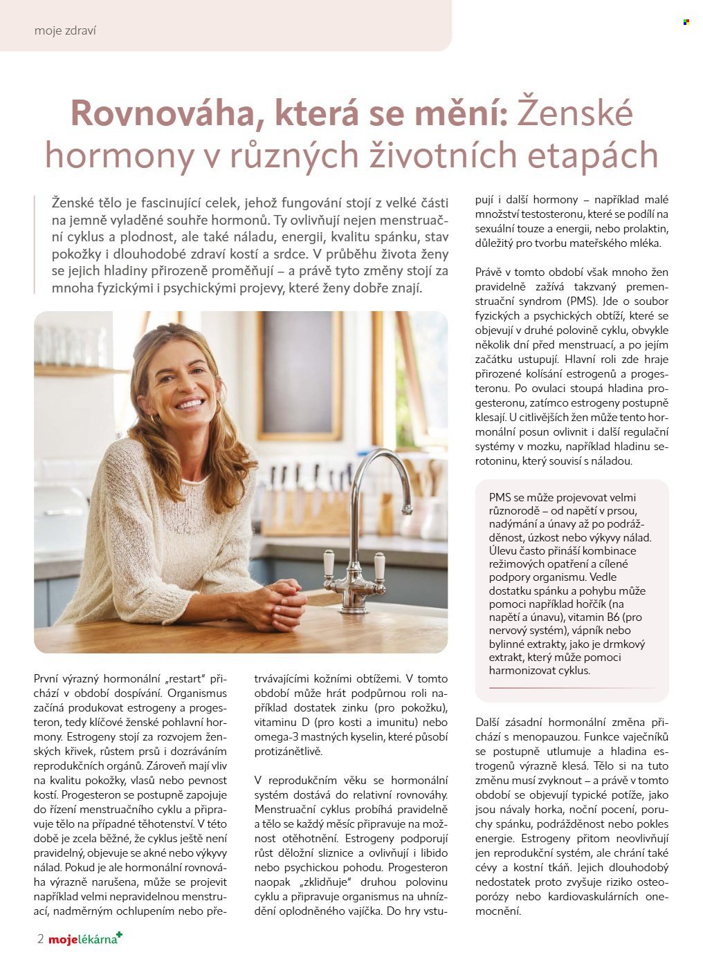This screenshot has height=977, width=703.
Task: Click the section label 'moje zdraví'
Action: point(65,30)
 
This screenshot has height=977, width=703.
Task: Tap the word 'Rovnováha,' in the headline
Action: point(164,113)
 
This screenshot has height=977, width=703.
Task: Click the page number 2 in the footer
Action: point(41,939)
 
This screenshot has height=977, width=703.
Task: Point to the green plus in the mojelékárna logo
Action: point(119,936)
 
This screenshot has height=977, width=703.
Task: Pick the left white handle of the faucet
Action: point(329,564)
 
